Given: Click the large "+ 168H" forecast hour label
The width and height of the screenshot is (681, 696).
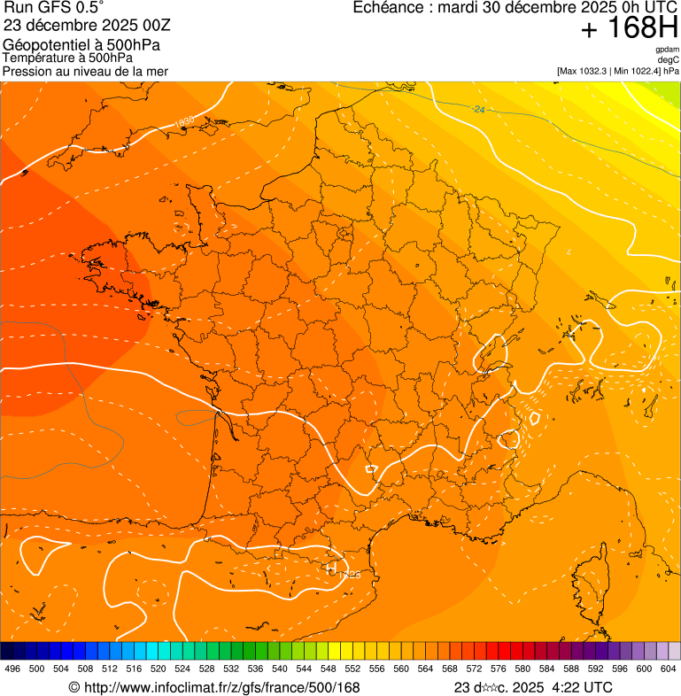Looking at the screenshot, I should pyautogui.click(x=630, y=29).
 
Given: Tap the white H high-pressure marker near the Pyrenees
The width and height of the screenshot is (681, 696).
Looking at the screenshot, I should pyautogui.click(x=332, y=569).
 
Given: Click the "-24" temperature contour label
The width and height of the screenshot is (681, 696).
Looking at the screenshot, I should pyautogui.click(x=478, y=109).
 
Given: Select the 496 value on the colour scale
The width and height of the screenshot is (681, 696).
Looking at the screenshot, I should pyautogui.click(x=12, y=669).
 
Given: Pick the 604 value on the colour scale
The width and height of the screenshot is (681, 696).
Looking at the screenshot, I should pyautogui.click(x=669, y=669).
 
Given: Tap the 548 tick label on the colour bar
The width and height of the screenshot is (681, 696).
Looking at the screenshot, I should pyautogui.click(x=328, y=669).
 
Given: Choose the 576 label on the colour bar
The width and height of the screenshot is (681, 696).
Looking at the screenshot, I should pyautogui.click(x=499, y=669).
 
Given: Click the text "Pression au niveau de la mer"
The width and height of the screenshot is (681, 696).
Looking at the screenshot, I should pyautogui.click(x=85, y=71).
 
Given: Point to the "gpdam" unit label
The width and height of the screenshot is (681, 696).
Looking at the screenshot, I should pyautogui.click(x=667, y=50).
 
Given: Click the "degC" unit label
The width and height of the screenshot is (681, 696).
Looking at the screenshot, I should pyautogui.click(x=668, y=59).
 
